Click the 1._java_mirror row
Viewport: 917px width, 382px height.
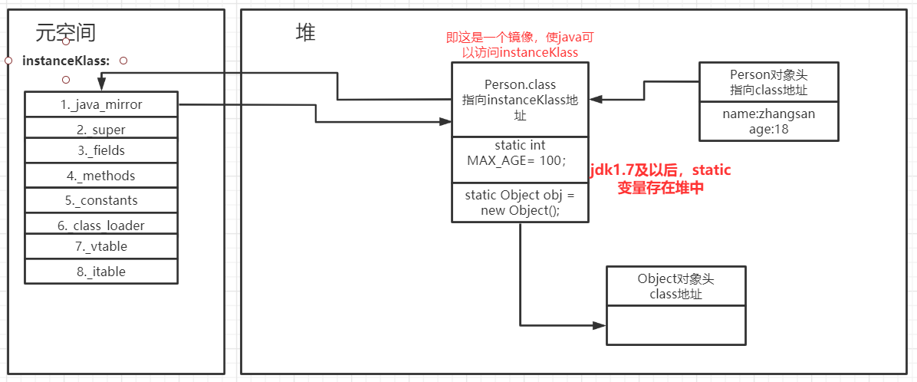pyautogui.click(x=101, y=104)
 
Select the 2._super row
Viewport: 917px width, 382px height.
pyautogui.click(x=101, y=129)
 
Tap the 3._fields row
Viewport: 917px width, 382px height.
pyautogui.click(x=101, y=150)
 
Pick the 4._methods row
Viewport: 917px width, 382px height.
pyautogui.click(x=101, y=176)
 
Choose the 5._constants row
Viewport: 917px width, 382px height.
pyautogui.click(x=101, y=200)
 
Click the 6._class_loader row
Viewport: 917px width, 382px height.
pyautogui.click(x=101, y=225)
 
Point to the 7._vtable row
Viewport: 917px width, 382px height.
pyautogui.click(x=101, y=246)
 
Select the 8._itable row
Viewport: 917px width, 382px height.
pyautogui.click(x=101, y=271)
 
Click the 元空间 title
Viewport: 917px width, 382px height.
pyautogui.click(x=66, y=32)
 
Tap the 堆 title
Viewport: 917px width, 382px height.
pyautogui.click(x=306, y=32)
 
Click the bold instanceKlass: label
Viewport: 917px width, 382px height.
pyautogui.click(x=66, y=60)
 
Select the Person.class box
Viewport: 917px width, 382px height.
pyautogui.click(x=520, y=100)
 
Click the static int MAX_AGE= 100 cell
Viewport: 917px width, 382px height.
pyautogui.click(x=520, y=153)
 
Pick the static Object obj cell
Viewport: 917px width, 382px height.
pyautogui.click(x=520, y=203)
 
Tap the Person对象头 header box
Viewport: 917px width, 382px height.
pyautogui.click(x=768, y=83)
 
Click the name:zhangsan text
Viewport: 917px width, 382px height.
pyautogui.click(x=768, y=114)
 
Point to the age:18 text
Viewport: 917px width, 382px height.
pyautogui.click(x=768, y=130)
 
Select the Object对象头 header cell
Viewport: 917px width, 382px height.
pyautogui.click(x=675, y=286)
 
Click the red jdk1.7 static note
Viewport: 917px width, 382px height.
pyautogui.click(x=660, y=178)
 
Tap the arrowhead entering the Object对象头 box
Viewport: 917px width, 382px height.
pyautogui.click(x=600, y=325)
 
